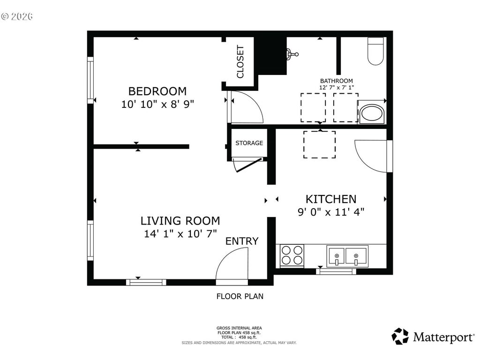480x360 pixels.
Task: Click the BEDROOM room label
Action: click(x=157, y=91)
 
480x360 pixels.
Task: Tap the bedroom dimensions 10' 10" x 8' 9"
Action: click(x=157, y=105)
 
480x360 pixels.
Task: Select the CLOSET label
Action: click(x=240, y=61)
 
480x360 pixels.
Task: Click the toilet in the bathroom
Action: click(x=375, y=51)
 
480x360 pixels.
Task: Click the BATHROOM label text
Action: click(x=337, y=81)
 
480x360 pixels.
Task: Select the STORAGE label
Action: click(x=249, y=143)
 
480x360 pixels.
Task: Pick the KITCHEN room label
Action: click(x=331, y=199)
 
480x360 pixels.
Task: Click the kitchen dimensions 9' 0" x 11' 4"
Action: click(x=331, y=212)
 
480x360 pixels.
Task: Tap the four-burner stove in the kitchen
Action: click(x=292, y=255)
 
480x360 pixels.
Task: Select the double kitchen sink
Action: click(x=347, y=255)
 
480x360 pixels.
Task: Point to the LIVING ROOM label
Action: click(x=180, y=221)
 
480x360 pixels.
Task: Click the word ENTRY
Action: click(x=242, y=241)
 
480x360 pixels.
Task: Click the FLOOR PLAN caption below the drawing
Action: click(x=240, y=296)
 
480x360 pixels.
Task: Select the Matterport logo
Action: click(x=433, y=337)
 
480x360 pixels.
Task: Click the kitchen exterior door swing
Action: click(x=364, y=162)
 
